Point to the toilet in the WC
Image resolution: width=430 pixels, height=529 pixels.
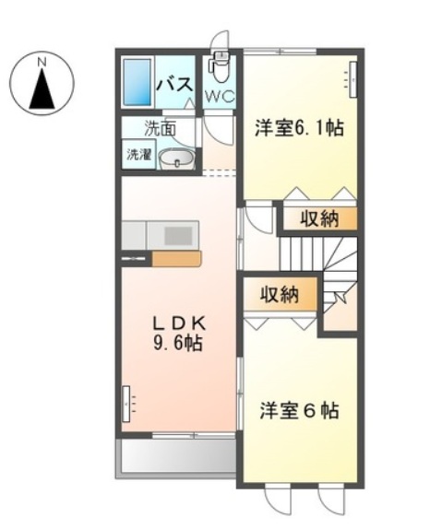coord(221,65)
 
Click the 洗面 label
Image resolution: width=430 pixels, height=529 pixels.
coord(160,128)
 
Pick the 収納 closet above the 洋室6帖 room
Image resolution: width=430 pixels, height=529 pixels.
coord(279,295)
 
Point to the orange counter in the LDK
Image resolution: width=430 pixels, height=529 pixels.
coord(175,259)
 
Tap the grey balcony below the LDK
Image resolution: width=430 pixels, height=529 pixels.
coord(174,456)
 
